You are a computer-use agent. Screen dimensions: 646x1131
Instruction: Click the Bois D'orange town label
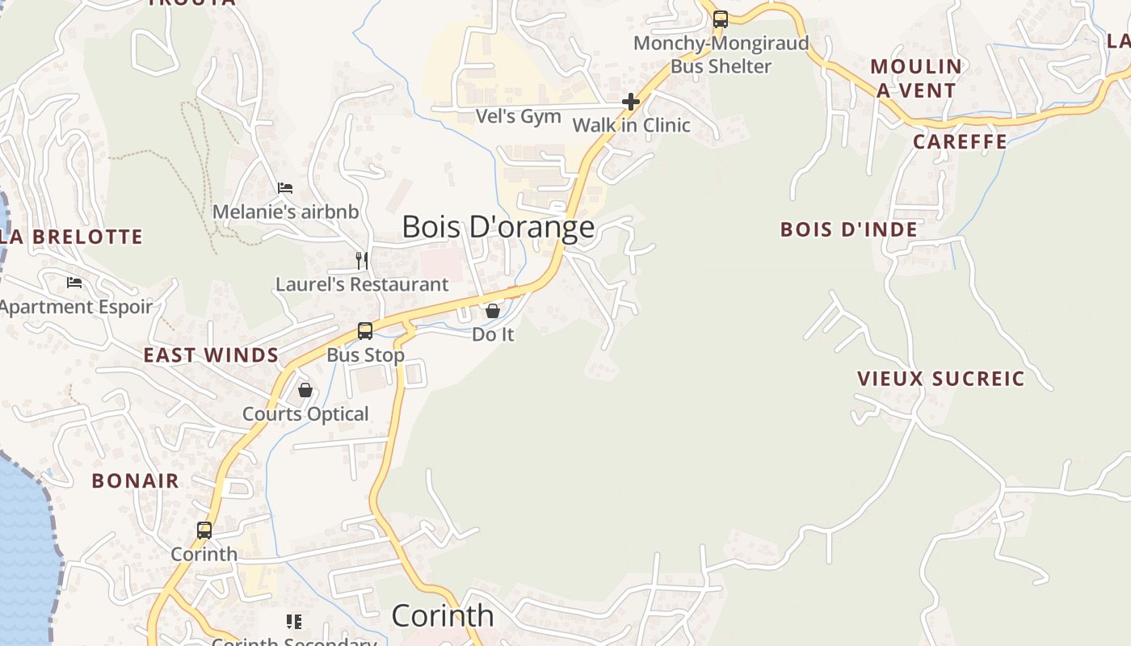(498, 227)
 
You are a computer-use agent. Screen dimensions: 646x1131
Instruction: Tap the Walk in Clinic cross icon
(631, 102)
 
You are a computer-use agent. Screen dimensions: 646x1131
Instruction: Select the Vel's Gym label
(518, 116)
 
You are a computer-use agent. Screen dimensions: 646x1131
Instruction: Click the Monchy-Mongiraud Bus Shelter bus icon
(720, 19)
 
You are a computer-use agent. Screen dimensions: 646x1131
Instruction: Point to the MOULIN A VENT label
(916, 78)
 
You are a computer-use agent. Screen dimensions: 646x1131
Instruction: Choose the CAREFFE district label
(960, 142)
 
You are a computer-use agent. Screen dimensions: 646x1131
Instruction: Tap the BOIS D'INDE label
(848, 229)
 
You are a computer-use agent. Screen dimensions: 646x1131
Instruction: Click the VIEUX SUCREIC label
(940, 379)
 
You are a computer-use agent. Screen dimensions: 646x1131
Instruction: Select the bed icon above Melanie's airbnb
(285, 188)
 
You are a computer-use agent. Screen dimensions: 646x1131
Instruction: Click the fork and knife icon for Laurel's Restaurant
(362, 260)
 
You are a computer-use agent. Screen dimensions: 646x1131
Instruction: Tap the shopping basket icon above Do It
(493, 311)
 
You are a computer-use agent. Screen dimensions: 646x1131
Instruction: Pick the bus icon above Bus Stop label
(365, 331)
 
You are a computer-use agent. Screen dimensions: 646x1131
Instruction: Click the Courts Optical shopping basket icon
(305, 391)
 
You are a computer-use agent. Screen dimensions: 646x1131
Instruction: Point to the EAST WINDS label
(211, 355)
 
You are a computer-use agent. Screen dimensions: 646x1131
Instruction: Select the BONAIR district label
(135, 481)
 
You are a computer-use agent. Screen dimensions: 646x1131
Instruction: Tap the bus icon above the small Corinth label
(204, 531)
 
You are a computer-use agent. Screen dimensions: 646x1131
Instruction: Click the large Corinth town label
(443, 616)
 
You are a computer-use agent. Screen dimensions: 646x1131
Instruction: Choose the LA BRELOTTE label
(71, 237)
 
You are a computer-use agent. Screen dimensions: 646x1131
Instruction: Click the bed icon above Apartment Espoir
(74, 283)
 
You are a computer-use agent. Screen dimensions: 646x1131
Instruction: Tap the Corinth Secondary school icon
(294, 622)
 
